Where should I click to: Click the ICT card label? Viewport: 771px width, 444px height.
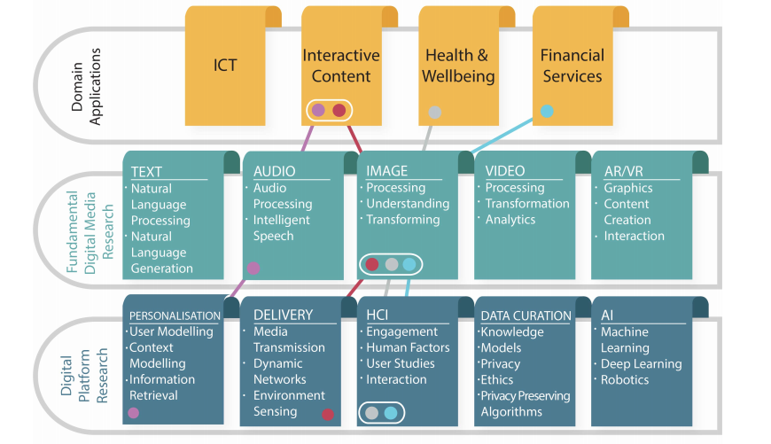[225, 65]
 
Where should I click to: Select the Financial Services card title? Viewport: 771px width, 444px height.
[572, 66]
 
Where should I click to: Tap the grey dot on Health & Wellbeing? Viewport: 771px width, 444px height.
[434, 112]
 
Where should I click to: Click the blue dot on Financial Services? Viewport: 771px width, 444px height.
[547, 111]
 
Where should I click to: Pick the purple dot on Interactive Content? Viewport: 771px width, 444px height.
[319, 110]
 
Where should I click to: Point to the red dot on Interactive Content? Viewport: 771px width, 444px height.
[339, 110]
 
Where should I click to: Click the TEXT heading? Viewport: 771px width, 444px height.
[146, 172]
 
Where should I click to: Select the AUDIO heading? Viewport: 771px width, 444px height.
[275, 171]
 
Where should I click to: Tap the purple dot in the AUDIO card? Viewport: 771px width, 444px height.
[253, 268]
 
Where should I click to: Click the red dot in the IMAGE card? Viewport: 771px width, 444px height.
[372, 264]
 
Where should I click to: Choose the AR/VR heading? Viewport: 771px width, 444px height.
[624, 171]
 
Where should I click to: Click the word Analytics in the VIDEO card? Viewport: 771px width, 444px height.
[510, 220]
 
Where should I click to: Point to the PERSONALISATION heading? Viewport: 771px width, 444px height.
[175, 315]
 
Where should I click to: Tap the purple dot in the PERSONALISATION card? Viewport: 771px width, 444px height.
[133, 412]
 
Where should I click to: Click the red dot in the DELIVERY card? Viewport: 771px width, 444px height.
[328, 414]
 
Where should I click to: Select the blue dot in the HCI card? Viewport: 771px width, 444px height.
[391, 412]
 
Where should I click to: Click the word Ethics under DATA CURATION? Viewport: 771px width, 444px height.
[497, 379]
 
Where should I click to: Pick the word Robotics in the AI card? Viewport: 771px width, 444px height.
[625, 379]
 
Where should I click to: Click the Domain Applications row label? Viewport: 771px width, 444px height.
[86, 87]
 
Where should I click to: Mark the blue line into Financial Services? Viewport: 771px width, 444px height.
[502, 136]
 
